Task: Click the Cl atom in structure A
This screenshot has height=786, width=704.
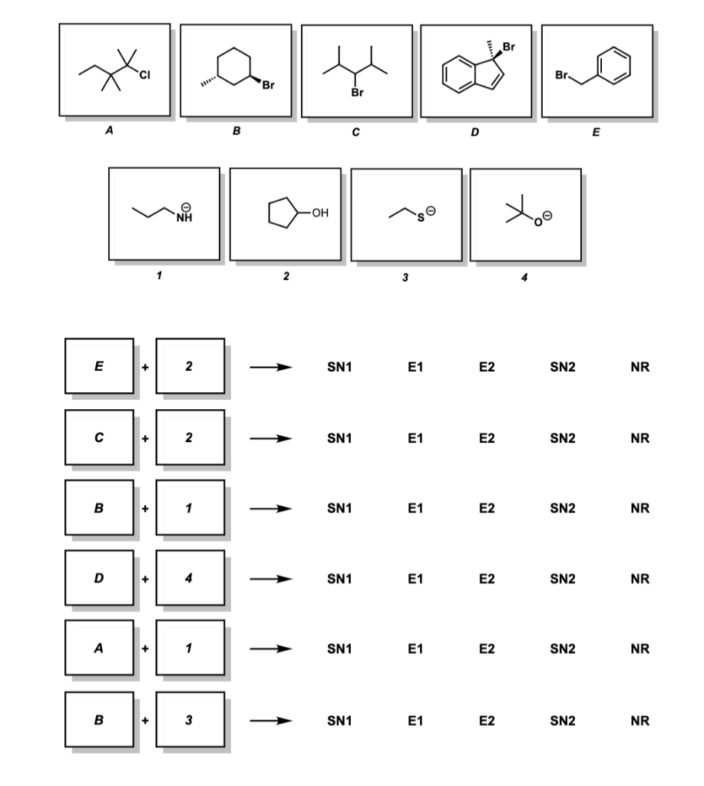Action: click(144, 74)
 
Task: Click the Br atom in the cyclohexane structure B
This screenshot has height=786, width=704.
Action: click(268, 84)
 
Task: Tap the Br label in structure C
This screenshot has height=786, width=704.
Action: click(355, 94)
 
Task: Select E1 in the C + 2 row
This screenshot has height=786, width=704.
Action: click(415, 439)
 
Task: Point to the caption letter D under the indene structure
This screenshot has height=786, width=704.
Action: click(475, 133)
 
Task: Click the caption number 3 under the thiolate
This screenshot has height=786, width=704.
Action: click(405, 277)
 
